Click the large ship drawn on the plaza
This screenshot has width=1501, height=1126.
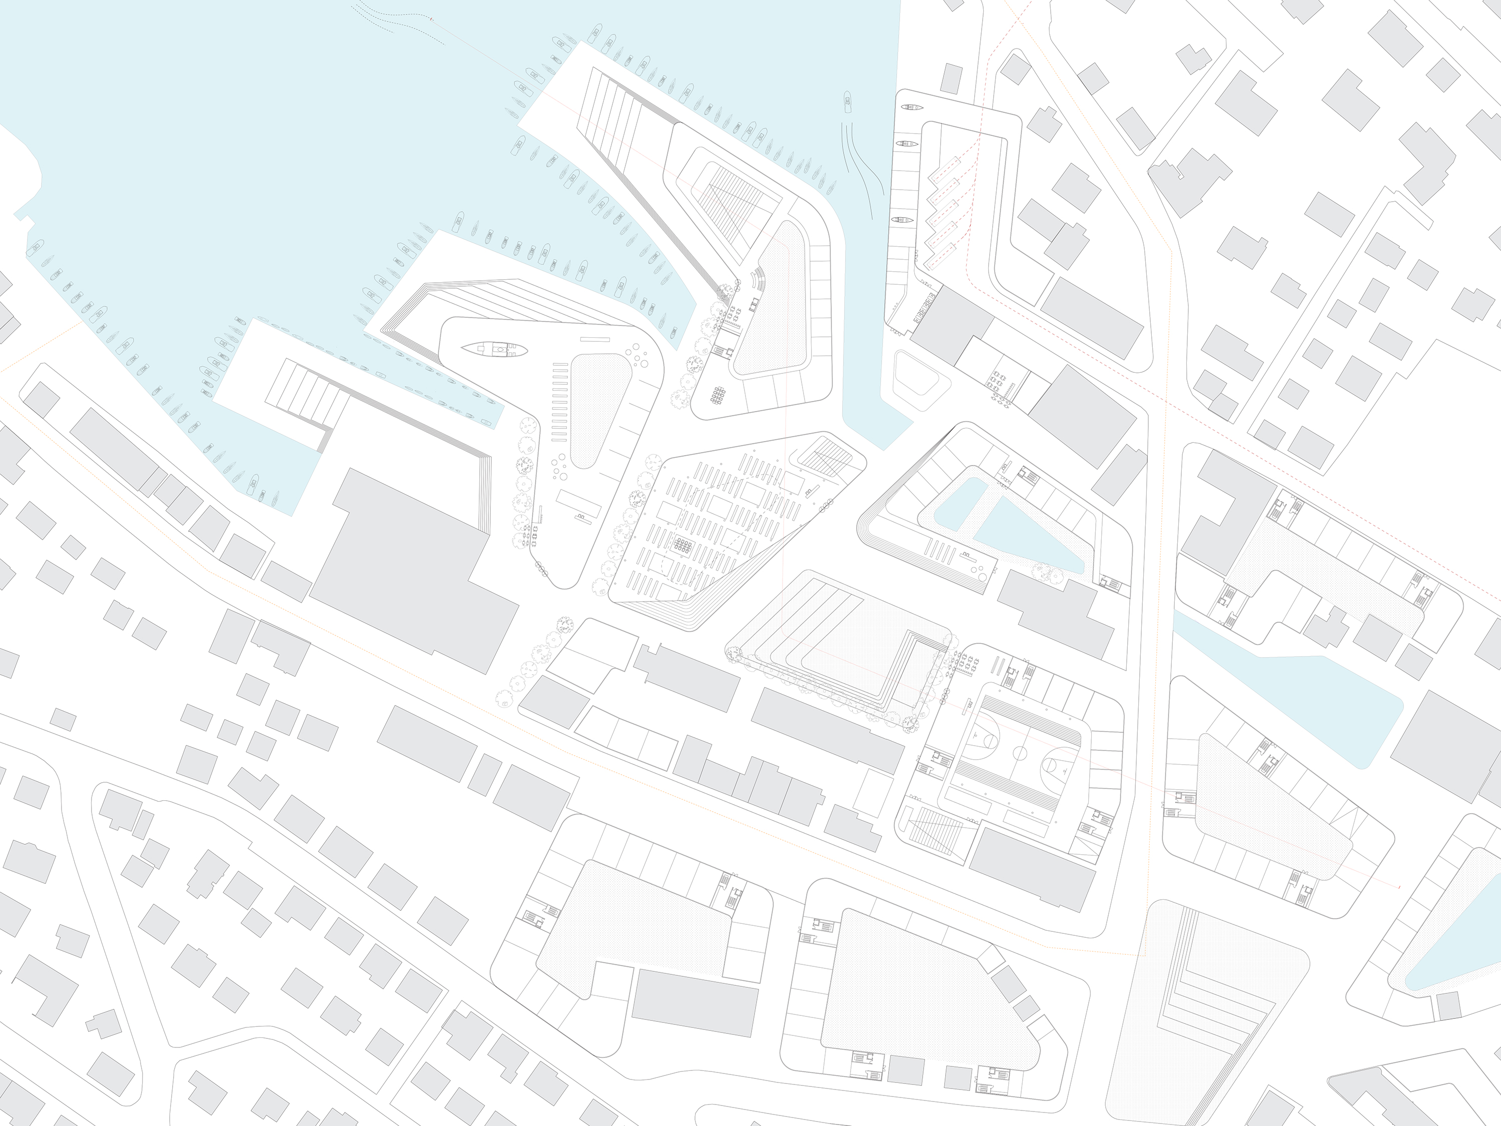click(494, 349)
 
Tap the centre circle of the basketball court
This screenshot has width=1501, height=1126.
click(1020, 752)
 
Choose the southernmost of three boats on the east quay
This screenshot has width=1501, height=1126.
click(903, 220)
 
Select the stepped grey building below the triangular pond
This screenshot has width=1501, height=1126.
click(1055, 614)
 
